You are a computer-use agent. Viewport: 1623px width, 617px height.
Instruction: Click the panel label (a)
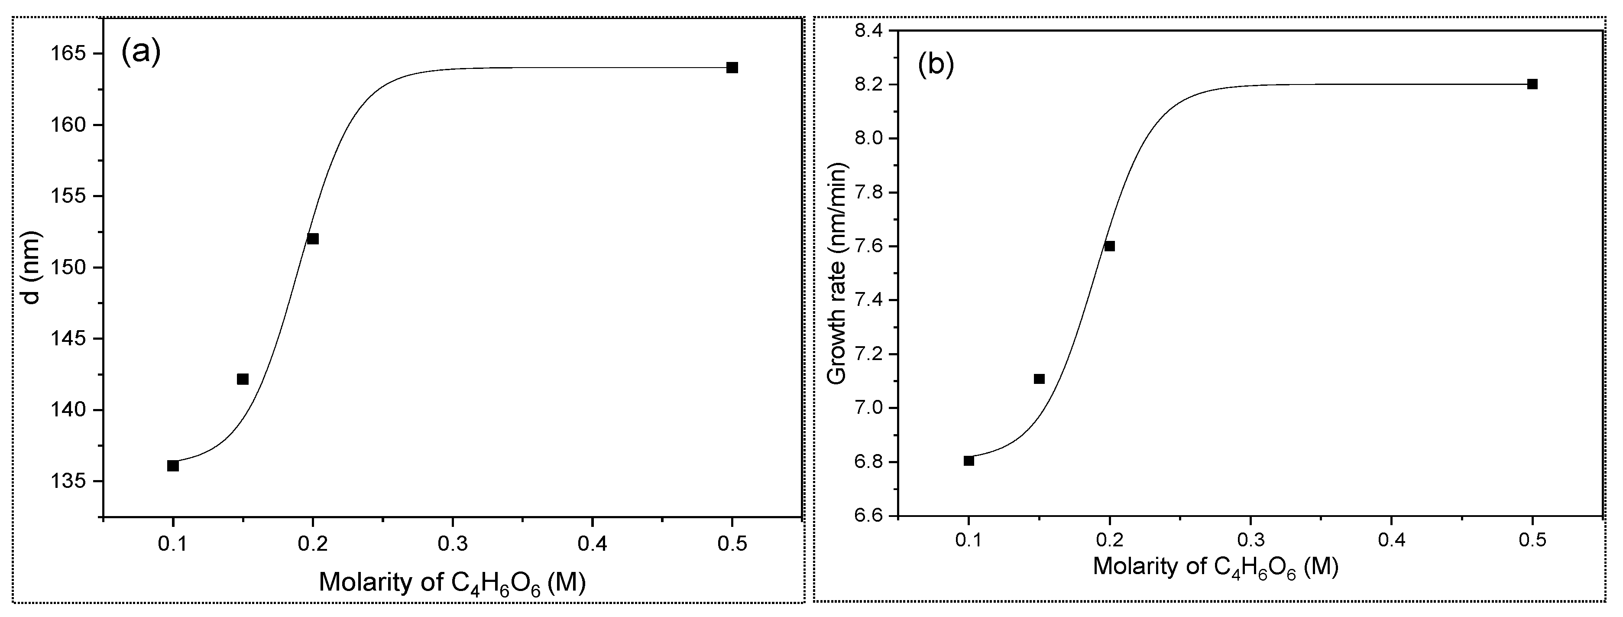(x=141, y=52)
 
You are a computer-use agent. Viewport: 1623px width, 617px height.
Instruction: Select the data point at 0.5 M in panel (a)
(x=732, y=68)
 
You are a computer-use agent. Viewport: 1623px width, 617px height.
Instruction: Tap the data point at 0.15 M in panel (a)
(x=243, y=379)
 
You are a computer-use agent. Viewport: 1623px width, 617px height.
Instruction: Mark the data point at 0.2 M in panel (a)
(x=312, y=238)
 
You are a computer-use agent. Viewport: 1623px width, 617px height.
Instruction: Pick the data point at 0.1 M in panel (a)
(x=173, y=466)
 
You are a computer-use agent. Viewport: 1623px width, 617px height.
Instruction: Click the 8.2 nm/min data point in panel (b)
(x=1532, y=84)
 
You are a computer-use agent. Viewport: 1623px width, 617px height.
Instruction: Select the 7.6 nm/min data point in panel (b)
(x=1110, y=246)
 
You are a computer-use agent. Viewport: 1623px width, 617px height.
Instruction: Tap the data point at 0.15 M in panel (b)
(x=1039, y=379)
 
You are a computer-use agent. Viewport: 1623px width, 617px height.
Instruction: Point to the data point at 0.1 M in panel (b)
(x=969, y=461)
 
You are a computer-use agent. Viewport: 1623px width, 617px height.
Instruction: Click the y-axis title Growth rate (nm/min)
(x=837, y=273)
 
